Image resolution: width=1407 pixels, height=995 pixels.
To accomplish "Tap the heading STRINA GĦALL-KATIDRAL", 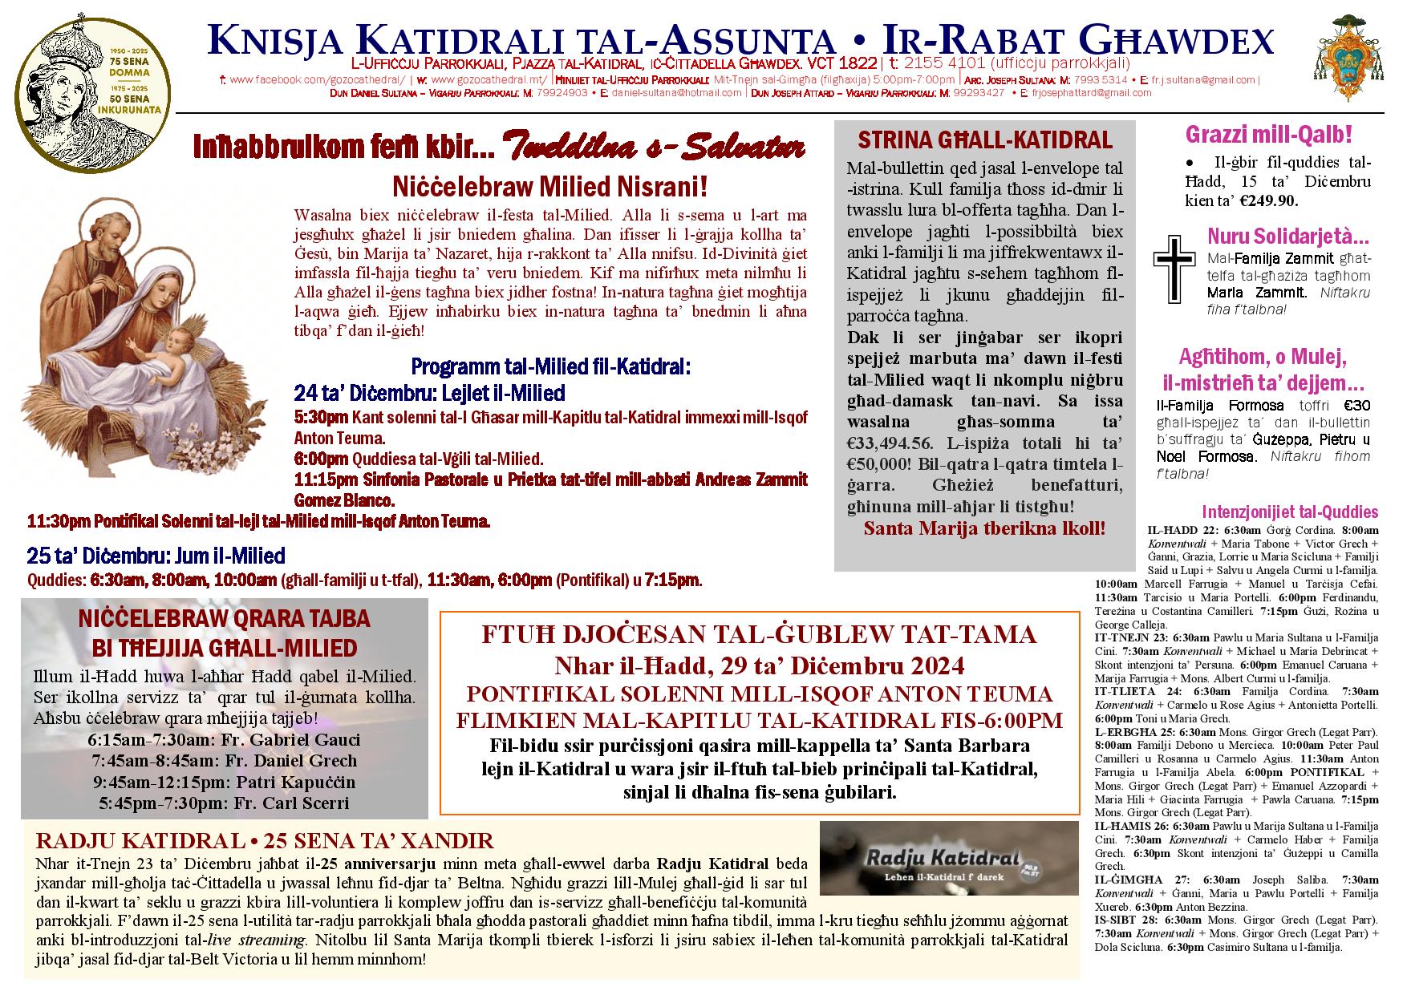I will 985,141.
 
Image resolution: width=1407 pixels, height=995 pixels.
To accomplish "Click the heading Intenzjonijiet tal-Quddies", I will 1290,512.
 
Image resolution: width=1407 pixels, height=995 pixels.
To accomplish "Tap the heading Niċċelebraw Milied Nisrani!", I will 550,188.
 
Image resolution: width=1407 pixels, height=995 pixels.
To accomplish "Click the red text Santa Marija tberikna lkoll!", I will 984,528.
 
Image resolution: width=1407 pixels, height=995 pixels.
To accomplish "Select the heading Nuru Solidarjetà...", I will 1287,237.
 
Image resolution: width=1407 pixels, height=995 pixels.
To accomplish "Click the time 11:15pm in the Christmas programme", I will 320,479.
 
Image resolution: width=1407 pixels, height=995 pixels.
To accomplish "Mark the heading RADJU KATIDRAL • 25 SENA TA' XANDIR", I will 265,841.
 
